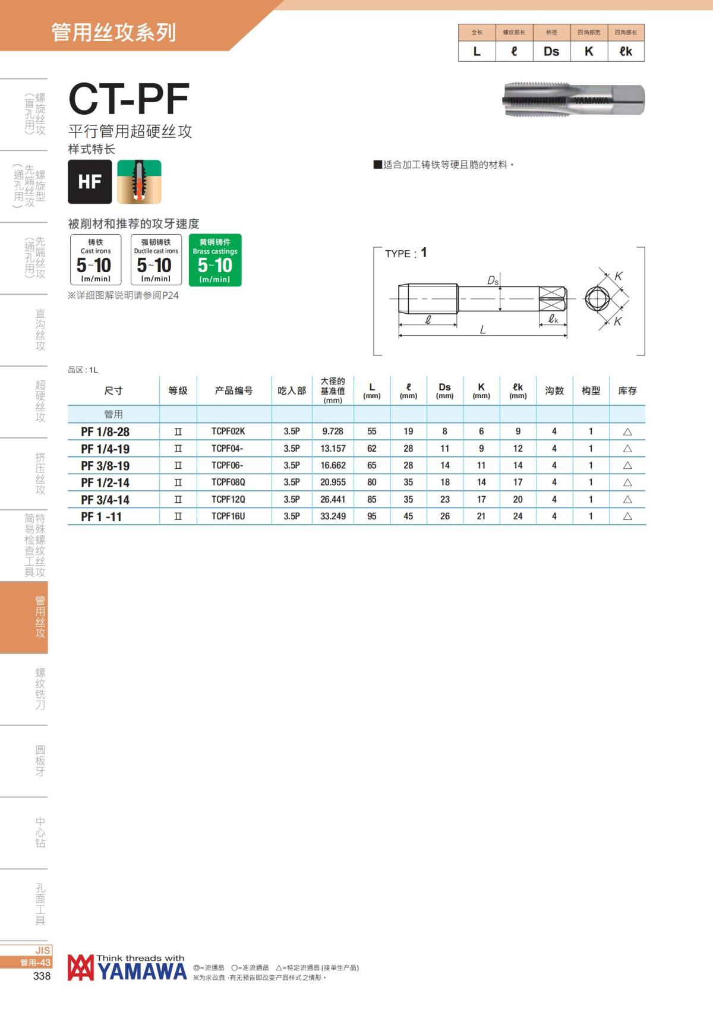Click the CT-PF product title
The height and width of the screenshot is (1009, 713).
pyautogui.click(x=129, y=99)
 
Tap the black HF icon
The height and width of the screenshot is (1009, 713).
pyautogui.click(x=90, y=181)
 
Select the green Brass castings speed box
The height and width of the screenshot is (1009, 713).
pyautogui.click(x=215, y=260)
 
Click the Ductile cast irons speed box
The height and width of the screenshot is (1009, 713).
pyautogui.click(x=156, y=260)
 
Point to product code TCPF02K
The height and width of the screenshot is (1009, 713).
pyautogui.click(x=228, y=431)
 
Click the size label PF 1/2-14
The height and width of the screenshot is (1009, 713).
pyautogui.click(x=105, y=483)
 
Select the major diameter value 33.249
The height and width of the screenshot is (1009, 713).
pyautogui.click(x=333, y=516)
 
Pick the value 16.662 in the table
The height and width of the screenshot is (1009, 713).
pyautogui.click(x=333, y=465)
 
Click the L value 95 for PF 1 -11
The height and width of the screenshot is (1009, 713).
pyautogui.click(x=371, y=516)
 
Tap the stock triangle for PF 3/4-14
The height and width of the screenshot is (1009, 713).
pyautogui.click(x=627, y=500)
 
